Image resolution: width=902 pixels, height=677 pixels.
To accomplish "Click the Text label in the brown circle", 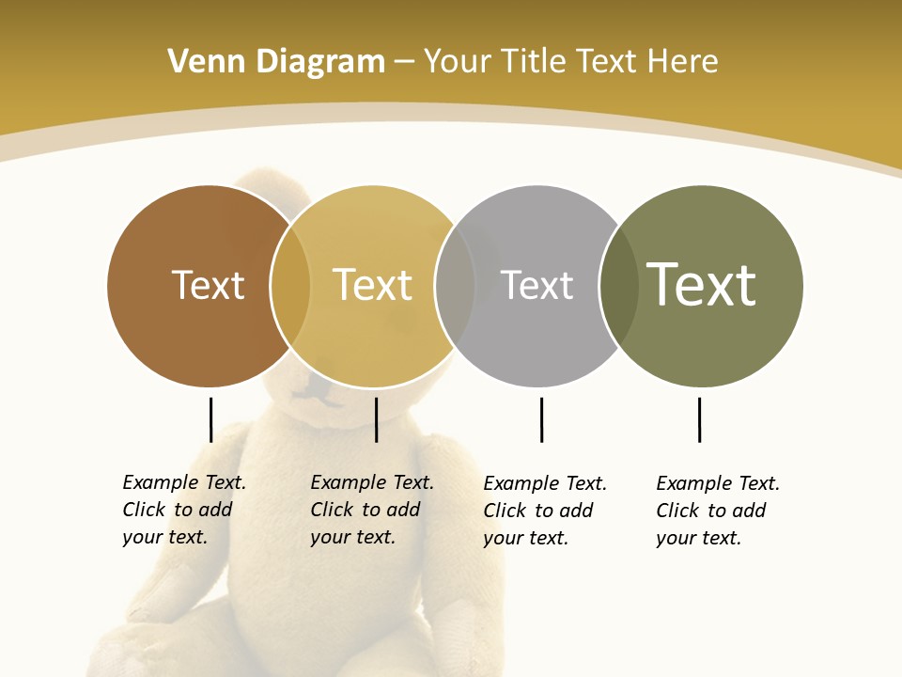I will point(208,285).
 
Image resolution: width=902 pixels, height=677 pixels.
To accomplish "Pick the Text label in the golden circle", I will point(373,285).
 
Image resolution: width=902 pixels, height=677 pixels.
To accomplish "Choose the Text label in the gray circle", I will point(537,285).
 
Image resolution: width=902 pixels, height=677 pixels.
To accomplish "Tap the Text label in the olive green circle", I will point(702,284).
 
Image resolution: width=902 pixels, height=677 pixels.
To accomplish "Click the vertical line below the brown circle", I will point(210,419).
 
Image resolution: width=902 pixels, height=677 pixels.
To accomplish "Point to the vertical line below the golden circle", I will point(376,419).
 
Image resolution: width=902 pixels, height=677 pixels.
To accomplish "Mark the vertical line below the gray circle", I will point(541,419).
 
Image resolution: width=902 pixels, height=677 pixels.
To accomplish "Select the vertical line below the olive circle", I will point(699,419).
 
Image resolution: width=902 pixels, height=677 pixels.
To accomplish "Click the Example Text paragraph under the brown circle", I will point(184,510).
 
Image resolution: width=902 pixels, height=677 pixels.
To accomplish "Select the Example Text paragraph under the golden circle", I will point(372,510).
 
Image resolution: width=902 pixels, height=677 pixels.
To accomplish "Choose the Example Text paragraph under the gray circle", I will point(545,511).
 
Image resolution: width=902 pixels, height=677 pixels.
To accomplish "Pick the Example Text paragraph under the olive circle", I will point(718,511).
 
